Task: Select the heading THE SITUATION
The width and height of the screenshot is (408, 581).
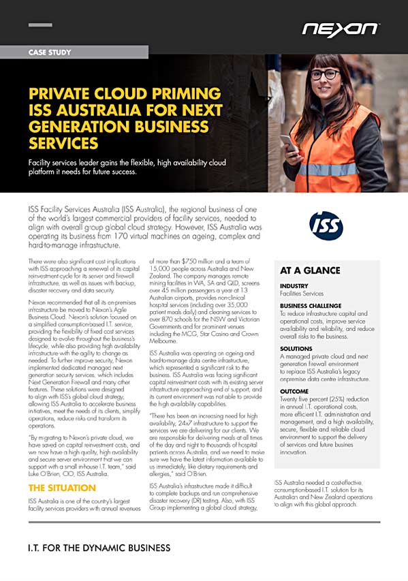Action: [x=61, y=488]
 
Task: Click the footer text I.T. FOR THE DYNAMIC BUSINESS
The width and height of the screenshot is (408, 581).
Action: [x=99, y=548]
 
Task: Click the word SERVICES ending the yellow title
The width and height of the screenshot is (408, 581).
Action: [x=63, y=142]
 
